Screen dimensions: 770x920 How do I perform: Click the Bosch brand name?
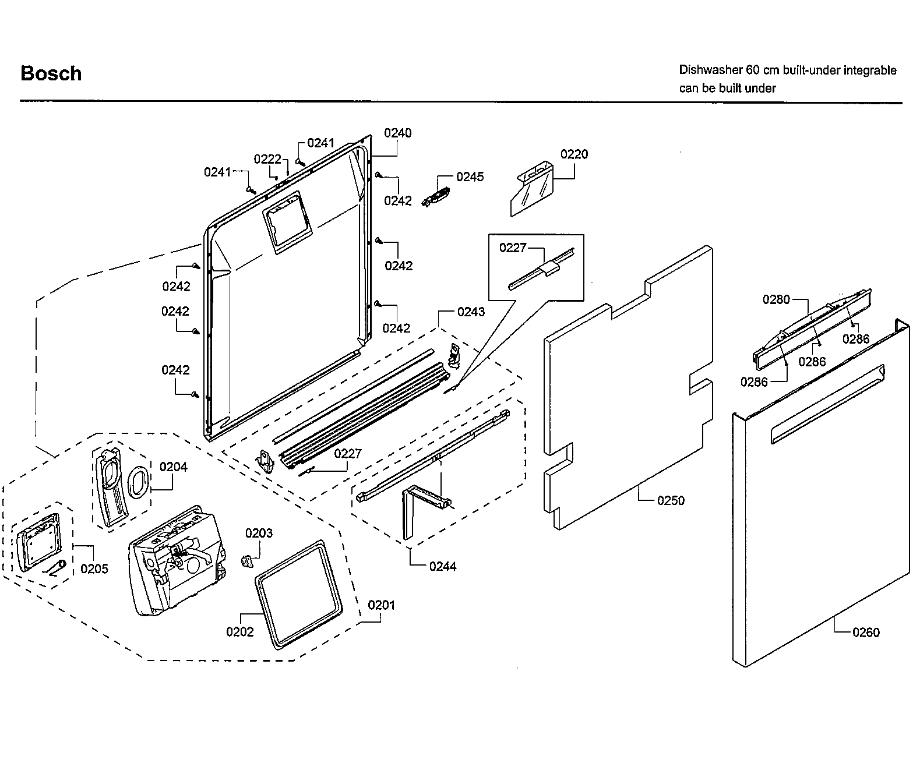pyautogui.click(x=51, y=73)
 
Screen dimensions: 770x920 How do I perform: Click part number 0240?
pyautogui.click(x=397, y=133)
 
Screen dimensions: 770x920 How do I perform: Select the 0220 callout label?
pyautogui.click(x=574, y=154)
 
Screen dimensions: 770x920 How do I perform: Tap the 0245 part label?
pyautogui.click(x=470, y=176)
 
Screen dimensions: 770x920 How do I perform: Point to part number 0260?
pyautogui.click(x=865, y=632)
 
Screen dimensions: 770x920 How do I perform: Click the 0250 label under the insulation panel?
pyautogui.click(x=671, y=500)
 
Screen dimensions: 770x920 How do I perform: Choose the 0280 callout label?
pyautogui.click(x=776, y=299)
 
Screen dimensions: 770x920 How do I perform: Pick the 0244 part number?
pyautogui.click(x=443, y=566)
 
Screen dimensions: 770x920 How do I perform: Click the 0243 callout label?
pyautogui.click(x=471, y=312)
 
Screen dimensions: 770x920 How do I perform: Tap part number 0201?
pyautogui.click(x=381, y=605)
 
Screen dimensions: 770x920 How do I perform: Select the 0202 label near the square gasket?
pyautogui.click(x=240, y=631)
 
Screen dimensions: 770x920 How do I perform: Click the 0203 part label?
pyautogui.click(x=259, y=533)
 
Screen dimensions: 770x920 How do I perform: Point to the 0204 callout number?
pyautogui.click(x=174, y=467)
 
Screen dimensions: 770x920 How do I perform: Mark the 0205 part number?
pyautogui.click(x=94, y=568)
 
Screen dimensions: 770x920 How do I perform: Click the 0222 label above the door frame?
pyautogui.click(x=267, y=159)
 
